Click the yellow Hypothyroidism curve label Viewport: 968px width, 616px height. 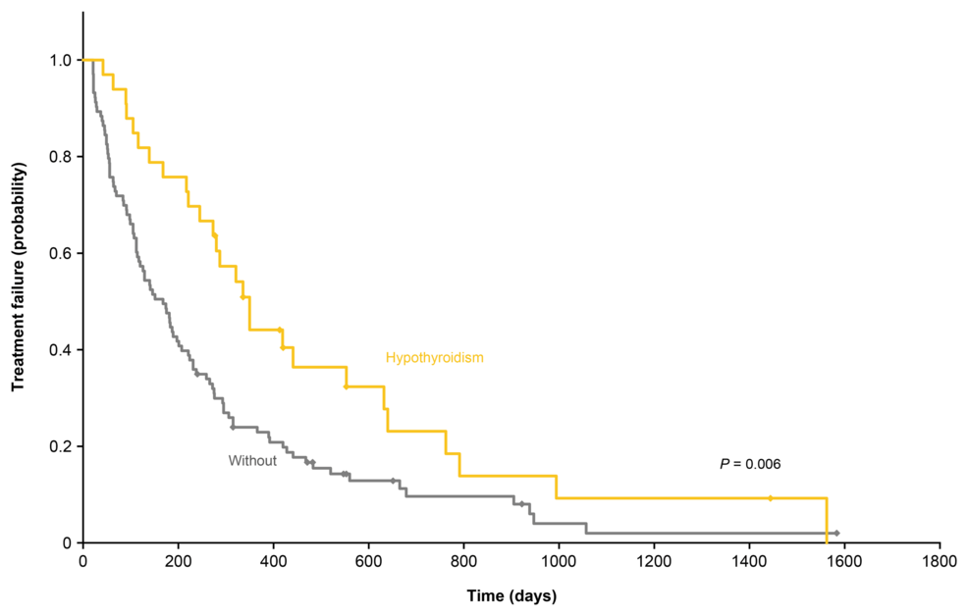tap(435, 358)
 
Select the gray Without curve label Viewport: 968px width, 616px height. tap(252, 461)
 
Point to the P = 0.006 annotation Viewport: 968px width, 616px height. tap(750, 464)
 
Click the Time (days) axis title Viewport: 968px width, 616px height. tap(511, 596)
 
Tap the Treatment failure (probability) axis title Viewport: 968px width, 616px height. tap(18, 277)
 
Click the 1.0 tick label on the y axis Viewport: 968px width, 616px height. tap(61, 61)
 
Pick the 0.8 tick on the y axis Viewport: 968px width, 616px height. tap(61, 157)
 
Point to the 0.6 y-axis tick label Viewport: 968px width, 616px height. tap(61, 253)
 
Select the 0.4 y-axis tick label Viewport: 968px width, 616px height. tap(61, 349)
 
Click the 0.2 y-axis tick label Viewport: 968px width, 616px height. tap(61, 446)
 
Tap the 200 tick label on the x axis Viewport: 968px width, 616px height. tap(179, 561)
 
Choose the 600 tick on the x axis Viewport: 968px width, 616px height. tap(368, 561)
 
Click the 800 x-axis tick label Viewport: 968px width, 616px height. tap(463, 561)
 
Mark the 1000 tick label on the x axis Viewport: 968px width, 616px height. tap(559, 561)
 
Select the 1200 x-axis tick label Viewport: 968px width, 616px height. tap(655, 561)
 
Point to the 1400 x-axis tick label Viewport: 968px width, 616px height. tap(749, 561)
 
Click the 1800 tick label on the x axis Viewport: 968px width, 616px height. tap(940, 561)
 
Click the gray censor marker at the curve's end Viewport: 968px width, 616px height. tap(836, 533)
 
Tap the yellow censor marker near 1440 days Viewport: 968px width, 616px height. tap(770, 498)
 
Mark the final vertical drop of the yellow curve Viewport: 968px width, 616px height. tap(827, 521)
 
